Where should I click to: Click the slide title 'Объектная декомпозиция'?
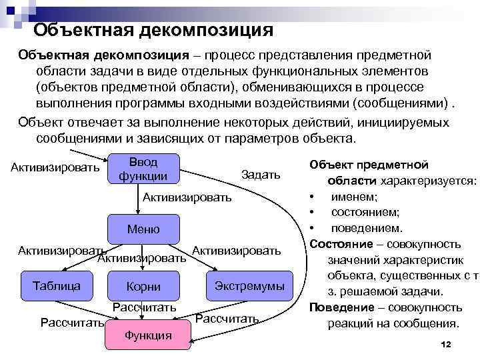(x=153, y=29)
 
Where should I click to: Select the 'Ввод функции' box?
(x=143, y=169)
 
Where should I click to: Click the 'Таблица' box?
(x=57, y=285)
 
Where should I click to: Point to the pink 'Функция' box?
(x=148, y=335)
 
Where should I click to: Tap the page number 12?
(x=447, y=343)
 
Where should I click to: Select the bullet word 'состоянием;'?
(x=365, y=212)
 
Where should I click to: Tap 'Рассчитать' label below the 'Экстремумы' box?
(x=227, y=319)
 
